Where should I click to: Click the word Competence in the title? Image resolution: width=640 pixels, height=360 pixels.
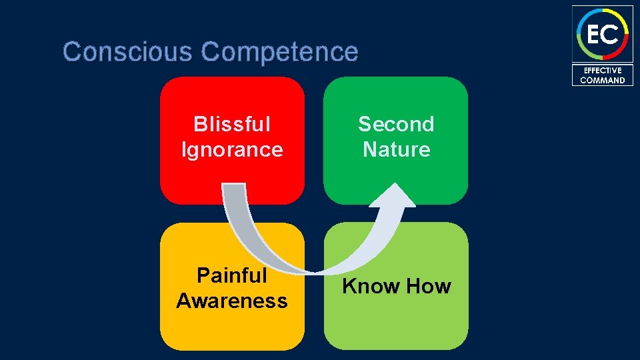(279, 51)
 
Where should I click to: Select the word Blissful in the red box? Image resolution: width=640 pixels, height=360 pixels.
(232, 124)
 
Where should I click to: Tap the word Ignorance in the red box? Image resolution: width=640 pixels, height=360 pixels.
(232, 149)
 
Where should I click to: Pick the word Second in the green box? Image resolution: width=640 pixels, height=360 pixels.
(396, 124)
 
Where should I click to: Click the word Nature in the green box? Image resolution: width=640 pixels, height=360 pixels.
(396, 149)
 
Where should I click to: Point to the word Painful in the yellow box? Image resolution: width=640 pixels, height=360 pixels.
(232, 275)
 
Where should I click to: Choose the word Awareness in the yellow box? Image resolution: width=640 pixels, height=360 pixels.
(232, 301)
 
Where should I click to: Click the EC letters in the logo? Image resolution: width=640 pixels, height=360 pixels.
(603, 33)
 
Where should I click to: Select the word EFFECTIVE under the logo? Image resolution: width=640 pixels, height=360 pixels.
(603, 70)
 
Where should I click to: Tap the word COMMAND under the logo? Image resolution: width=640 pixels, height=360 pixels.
(603, 80)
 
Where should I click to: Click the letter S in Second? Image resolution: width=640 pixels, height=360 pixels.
(365, 124)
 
